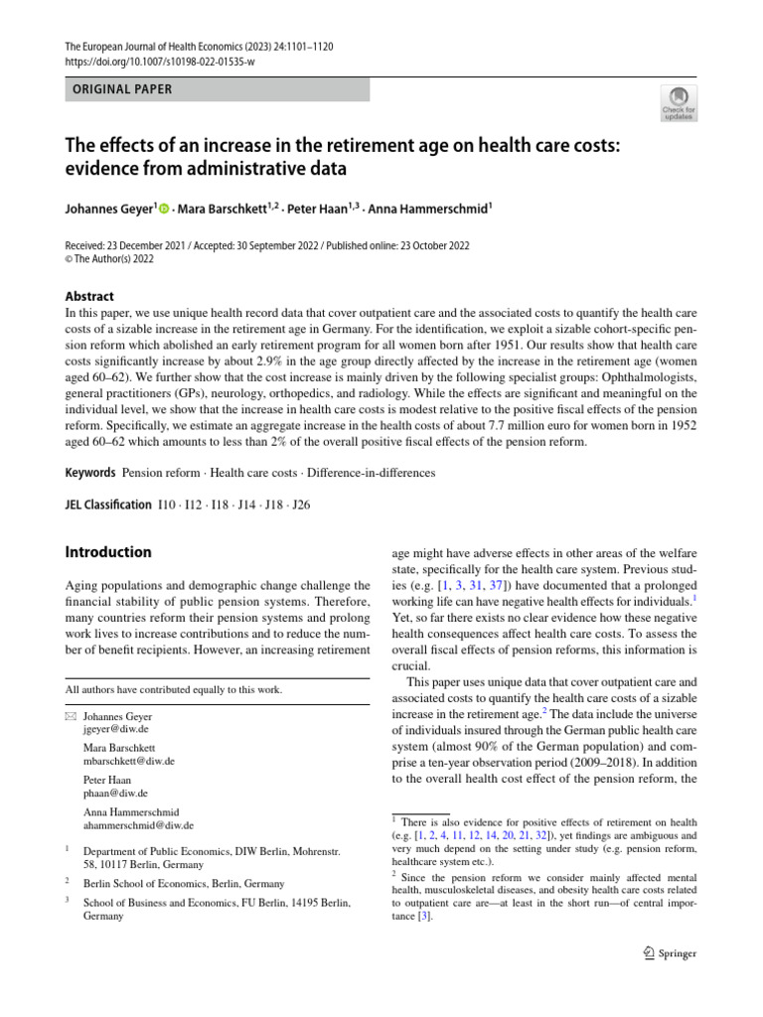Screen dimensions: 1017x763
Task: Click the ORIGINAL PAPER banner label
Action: tap(122, 89)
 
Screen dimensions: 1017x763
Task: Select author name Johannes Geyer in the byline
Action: tap(108, 210)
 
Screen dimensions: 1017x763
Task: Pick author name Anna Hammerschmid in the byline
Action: tap(429, 210)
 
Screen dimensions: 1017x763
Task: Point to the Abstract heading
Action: tap(89, 296)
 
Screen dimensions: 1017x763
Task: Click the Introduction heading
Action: tap(108, 551)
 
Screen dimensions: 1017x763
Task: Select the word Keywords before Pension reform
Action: tap(89, 474)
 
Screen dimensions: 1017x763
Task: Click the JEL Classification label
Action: tap(108, 505)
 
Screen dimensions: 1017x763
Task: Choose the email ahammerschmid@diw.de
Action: tap(138, 824)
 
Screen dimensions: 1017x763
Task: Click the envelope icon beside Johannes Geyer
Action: tap(70, 716)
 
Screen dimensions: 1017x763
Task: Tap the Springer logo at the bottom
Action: tap(670, 953)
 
